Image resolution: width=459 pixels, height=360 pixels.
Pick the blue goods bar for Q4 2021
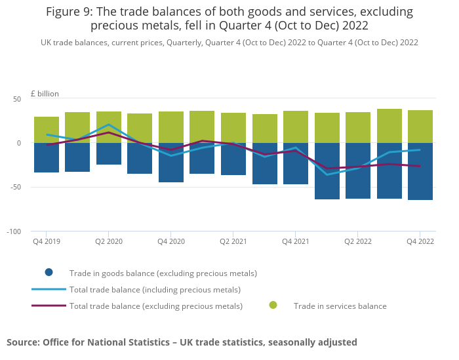click(x=296, y=172)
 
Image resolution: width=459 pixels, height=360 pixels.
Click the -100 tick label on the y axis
click(x=14, y=231)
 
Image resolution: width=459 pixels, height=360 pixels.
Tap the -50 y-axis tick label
click(x=15, y=188)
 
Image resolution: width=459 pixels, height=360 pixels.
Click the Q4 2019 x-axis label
click(x=47, y=241)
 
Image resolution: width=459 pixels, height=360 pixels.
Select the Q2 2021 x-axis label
click(x=233, y=241)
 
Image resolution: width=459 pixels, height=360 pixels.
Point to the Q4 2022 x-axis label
click(x=420, y=241)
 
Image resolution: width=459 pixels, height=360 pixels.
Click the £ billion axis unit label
click(x=45, y=94)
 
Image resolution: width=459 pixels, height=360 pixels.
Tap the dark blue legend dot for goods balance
click(x=49, y=273)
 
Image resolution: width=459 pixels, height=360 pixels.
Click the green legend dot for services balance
click(x=273, y=306)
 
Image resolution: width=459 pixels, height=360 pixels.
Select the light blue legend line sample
click(x=49, y=289)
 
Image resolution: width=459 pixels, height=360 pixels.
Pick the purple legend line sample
click(x=49, y=306)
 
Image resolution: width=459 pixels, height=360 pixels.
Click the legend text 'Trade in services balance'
click(x=340, y=306)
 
